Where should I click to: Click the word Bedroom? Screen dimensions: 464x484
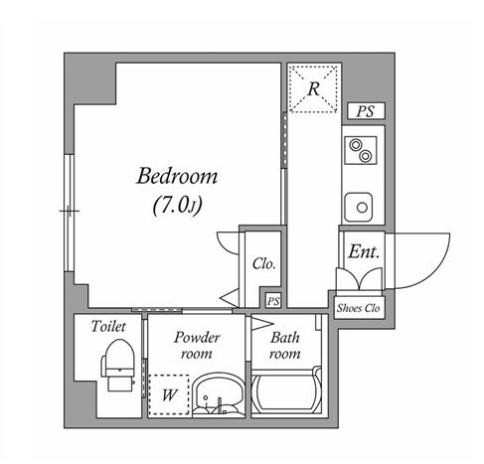click(176, 178)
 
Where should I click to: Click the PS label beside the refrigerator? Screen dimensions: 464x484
click(365, 111)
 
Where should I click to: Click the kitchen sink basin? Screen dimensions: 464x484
click(359, 206)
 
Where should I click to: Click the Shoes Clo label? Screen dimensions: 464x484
click(359, 308)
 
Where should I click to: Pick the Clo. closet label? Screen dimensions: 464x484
click(263, 264)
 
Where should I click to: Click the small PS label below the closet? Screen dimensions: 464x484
click(272, 300)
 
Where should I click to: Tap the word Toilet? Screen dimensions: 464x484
click(107, 327)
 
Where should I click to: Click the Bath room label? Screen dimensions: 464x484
click(285, 346)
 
